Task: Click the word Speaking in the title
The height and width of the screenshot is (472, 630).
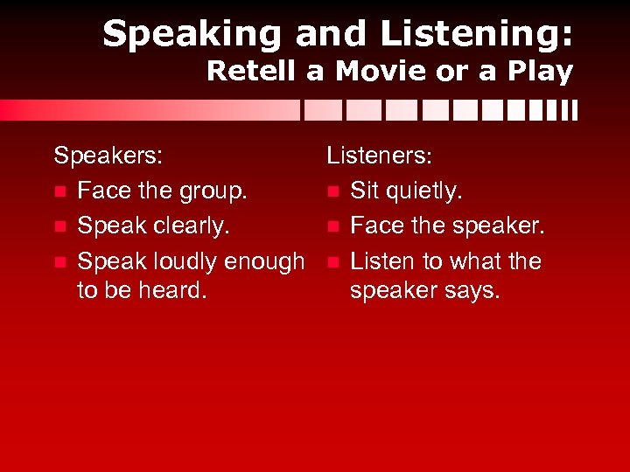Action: [192, 35]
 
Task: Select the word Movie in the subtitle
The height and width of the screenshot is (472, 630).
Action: [379, 72]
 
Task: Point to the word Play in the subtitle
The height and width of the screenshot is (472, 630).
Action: [540, 72]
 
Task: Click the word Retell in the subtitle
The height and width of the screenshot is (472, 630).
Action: [251, 72]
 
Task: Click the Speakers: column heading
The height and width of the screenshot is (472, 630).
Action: [108, 156]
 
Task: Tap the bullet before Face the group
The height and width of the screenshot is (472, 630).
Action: [59, 192]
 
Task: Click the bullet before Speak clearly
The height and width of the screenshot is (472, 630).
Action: [59, 227]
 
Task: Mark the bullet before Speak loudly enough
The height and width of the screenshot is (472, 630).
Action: [59, 262]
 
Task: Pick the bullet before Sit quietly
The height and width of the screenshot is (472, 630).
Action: [332, 192]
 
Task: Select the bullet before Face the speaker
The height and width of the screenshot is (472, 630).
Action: [332, 227]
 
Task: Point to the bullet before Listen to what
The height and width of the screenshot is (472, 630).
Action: [332, 262]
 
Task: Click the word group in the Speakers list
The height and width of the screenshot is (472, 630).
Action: [218, 191]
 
